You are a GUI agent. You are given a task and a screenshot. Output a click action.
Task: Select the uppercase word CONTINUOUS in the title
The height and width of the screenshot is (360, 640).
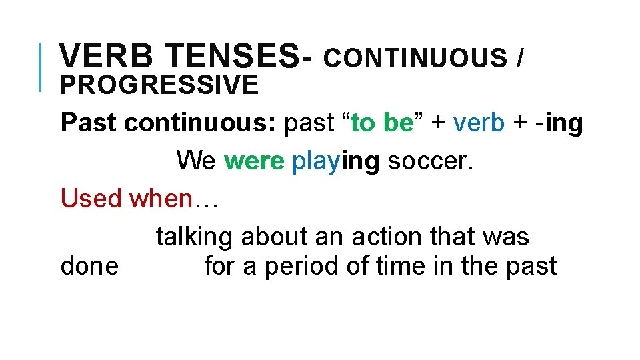point(415,58)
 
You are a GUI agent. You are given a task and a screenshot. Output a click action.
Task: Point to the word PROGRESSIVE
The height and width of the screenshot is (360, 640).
point(159,85)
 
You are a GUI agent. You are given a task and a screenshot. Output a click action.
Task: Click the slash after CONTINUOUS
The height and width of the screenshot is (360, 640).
point(520,58)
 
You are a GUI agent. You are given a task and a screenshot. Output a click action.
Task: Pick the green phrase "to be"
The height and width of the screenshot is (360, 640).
point(383,123)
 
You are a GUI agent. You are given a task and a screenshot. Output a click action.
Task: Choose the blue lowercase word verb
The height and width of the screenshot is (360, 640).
point(479,123)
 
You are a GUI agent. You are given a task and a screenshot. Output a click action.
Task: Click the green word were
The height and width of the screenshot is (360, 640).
point(254,161)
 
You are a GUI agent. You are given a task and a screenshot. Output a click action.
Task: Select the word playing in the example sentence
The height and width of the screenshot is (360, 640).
point(336,161)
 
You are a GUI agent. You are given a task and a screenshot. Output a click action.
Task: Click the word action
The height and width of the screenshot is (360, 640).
point(385,237)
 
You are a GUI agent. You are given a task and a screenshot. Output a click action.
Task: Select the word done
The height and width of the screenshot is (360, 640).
point(89,266)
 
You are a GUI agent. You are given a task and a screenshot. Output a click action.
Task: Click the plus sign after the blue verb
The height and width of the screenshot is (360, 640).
point(517,123)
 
